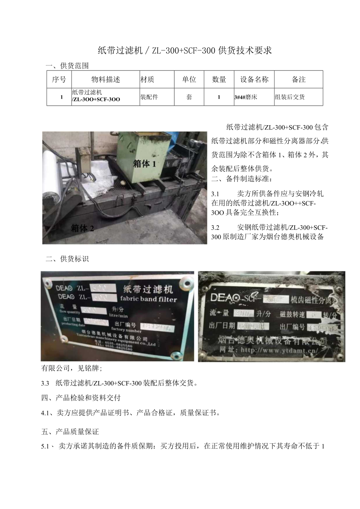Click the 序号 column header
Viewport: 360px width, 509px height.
point(59,79)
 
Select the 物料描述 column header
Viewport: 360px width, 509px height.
point(106,79)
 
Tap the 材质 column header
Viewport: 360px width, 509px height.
point(147,79)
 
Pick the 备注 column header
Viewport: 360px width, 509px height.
point(299,79)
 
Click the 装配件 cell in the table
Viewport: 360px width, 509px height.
point(149,97)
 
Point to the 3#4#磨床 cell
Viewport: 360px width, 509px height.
point(245,97)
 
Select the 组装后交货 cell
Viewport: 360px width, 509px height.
point(290,97)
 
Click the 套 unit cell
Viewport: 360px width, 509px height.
point(189,97)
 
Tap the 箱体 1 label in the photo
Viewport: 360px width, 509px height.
point(144,164)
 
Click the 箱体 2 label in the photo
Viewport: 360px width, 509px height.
point(82,228)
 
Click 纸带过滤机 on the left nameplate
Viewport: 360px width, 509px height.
point(148,290)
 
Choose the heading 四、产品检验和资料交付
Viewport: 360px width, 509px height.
point(81,398)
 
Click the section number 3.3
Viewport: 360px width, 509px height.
point(46,383)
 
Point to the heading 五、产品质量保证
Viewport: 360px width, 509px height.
point(70,432)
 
